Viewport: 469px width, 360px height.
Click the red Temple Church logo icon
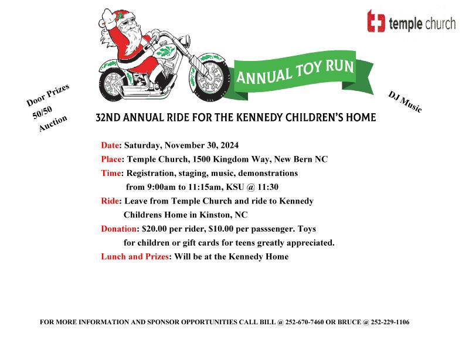tap(376, 21)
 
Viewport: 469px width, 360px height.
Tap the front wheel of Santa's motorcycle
tap(210, 77)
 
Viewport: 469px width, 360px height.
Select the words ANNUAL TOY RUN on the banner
tap(295, 71)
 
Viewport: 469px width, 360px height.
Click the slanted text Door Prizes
tap(48, 95)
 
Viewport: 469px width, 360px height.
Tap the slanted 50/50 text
tap(42, 113)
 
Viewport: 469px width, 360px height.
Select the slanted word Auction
tap(53, 123)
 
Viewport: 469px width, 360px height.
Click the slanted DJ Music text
tap(405, 102)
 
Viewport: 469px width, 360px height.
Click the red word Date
tap(110, 145)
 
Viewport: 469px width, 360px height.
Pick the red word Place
tap(111, 159)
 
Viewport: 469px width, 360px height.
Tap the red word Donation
tap(119, 229)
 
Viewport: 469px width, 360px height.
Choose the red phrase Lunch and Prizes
tap(135, 256)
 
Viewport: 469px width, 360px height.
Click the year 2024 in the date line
tap(230, 145)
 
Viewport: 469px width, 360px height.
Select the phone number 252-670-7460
tap(304, 322)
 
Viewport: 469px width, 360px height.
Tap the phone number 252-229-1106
tap(390, 322)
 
